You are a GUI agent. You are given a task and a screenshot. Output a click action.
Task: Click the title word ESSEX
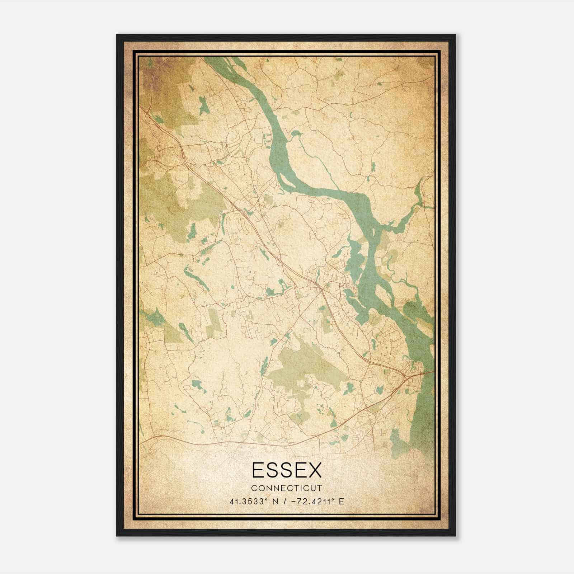pyautogui.click(x=287, y=470)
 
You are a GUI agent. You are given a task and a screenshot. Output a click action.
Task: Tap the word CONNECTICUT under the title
pyautogui.click(x=287, y=488)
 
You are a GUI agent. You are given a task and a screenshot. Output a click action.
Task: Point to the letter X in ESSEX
pyautogui.click(x=314, y=470)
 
